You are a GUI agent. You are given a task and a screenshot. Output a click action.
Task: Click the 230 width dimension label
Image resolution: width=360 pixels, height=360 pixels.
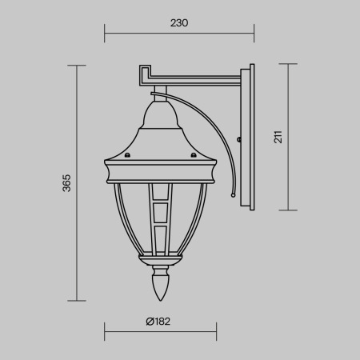point(179,23)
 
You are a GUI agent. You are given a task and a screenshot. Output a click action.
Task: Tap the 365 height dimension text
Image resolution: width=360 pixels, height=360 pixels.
point(67,182)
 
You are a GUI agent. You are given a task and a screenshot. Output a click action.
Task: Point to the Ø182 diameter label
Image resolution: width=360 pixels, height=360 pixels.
point(158,322)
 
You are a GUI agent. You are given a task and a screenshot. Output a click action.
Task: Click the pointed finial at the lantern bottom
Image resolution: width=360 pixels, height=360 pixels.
point(160,286)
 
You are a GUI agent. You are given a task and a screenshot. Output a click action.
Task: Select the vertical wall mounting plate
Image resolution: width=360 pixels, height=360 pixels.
point(250,138)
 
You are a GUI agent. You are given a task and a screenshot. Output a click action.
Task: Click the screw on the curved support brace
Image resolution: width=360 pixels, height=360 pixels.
point(239,142)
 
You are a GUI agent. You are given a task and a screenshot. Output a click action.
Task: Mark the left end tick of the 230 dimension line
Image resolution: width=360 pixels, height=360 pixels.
point(106,34)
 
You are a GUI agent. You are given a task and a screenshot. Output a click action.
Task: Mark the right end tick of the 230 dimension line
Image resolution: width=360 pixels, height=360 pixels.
point(254,34)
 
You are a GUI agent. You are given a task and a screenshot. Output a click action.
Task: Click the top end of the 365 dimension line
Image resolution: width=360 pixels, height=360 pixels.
point(77,65)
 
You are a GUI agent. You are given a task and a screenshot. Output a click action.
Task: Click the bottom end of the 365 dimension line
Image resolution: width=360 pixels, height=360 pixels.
point(77,301)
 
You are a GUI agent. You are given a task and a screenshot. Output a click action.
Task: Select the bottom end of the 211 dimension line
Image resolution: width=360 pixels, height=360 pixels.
point(287,210)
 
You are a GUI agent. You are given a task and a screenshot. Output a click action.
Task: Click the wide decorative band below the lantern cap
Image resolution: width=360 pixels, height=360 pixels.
point(160,171)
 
